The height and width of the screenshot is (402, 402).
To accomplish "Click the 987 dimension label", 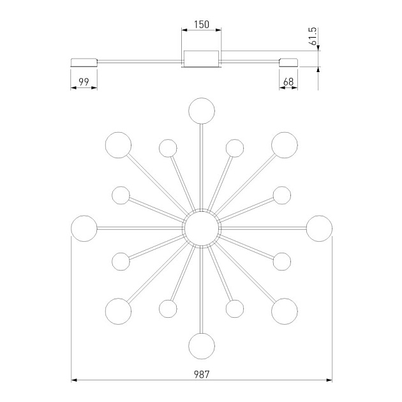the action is (202, 375).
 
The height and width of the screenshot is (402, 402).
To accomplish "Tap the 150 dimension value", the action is (202, 25).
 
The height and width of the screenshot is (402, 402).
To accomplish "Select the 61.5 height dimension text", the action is (313, 36).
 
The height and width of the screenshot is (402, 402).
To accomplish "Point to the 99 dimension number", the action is (84, 82).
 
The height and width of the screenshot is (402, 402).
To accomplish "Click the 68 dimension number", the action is (288, 82).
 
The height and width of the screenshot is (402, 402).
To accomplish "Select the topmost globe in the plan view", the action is (202, 111).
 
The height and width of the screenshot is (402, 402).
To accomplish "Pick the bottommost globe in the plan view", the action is (202, 346).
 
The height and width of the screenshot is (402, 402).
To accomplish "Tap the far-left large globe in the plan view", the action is (84, 228).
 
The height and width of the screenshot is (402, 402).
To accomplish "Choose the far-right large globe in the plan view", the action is (319, 228).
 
